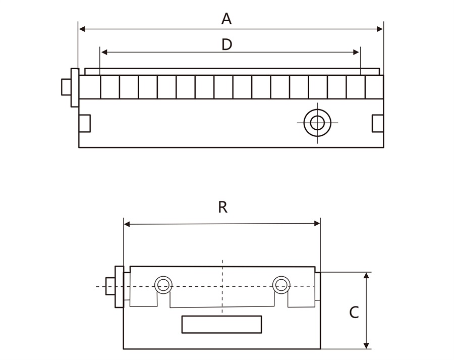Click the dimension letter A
(x=226, y=19)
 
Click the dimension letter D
(x=226, y=45)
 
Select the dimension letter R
(x=222, y=208)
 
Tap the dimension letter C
(x=354, y=313)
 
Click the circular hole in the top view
(x=317, y=122)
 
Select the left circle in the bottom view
(x=162, y=285)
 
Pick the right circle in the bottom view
(x=280, y=285)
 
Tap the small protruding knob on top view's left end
(x=66, y=87)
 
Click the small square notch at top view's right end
(x=377, y=123)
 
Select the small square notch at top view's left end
(x=85, y=123)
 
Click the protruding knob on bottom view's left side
(x=109, y=286)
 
